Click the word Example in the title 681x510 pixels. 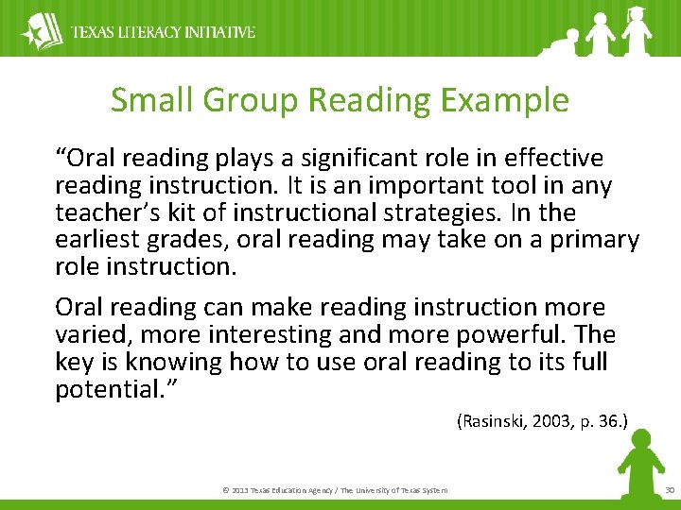coord(506,100)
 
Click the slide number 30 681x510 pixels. coord(670,489)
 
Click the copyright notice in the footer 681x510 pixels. coord(335,489)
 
